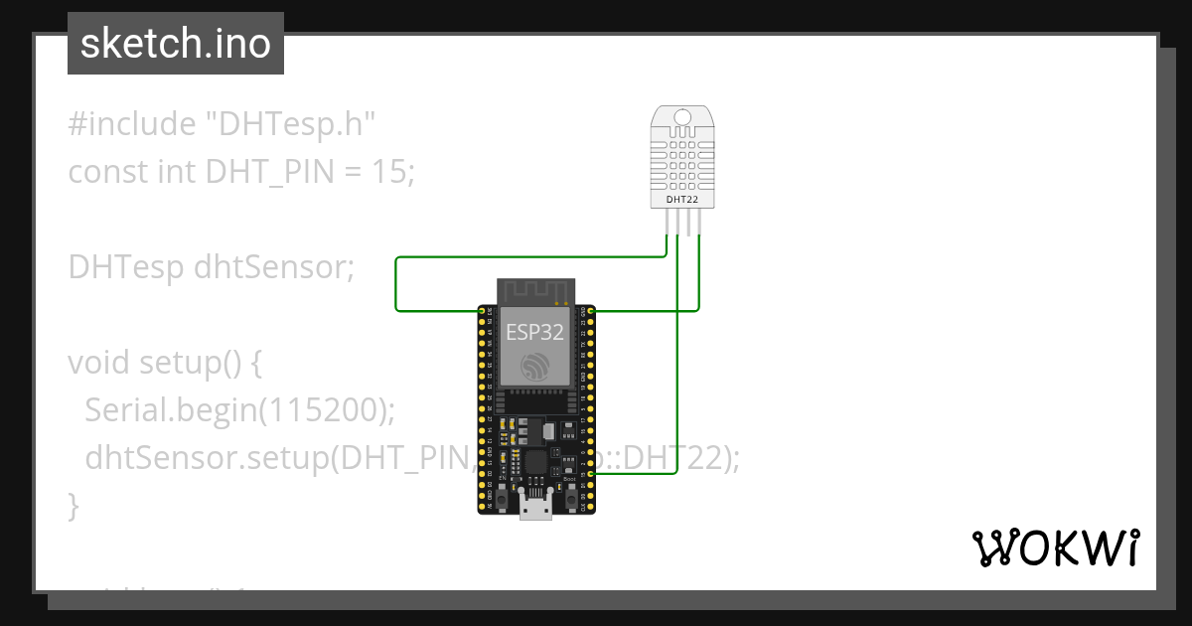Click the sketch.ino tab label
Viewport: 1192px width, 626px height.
click(x=176, y=44)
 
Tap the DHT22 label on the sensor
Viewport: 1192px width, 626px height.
click(x=681, y=200)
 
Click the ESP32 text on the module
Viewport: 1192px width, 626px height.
click(x=535, y=332)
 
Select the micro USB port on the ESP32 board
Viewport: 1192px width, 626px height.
click(x=536, y=508)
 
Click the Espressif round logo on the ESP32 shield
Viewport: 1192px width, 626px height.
click(x=536, y=367)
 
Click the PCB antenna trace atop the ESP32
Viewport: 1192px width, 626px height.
click(x=536, y=290)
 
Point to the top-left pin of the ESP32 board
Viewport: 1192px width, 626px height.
click(x=482, y=312)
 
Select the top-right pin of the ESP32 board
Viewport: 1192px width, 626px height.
click(x=591, y=312)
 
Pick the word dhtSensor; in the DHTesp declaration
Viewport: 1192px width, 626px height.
click(x=274, y=267)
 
